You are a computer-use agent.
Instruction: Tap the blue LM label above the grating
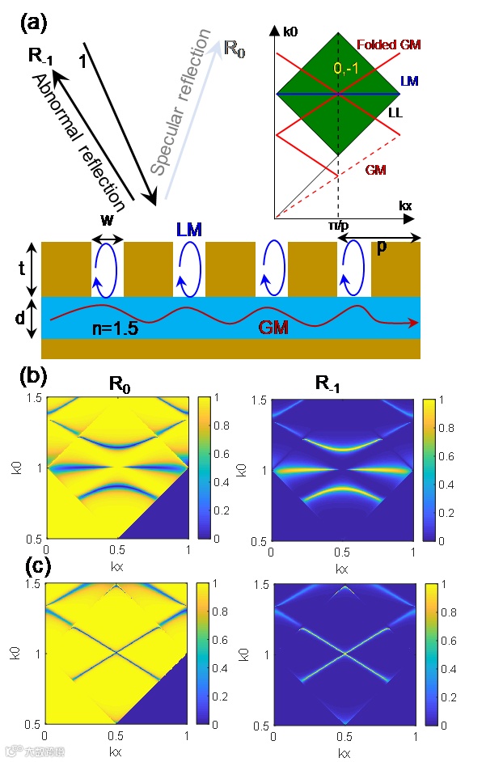coord(189,230)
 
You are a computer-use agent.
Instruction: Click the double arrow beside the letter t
coord(30,269)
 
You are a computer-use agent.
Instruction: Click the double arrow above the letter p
coord(381,238)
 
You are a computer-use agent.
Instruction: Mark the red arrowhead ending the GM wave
coord(414,324)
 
